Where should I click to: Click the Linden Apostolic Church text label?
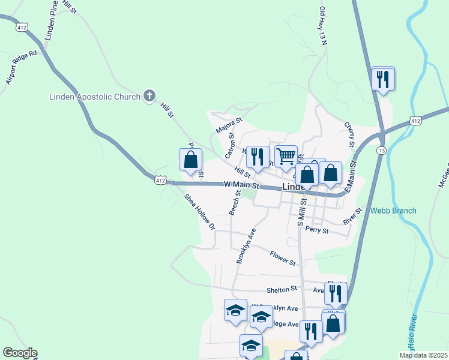pos(94,97)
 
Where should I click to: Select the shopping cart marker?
pos(286,156)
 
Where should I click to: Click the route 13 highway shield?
pos(381,150)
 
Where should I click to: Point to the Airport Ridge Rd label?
pos(21,67)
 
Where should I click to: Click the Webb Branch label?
pos(393,211)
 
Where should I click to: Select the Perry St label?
pos(317,230)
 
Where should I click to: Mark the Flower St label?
pos(283,259)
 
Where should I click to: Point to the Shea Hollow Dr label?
pos(200,214)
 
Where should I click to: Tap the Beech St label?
pos(234,203)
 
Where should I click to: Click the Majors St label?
pos(229,125)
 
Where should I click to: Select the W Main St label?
pos(241,185)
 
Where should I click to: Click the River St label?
pos(352,216)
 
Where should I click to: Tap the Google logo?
pos(20,353)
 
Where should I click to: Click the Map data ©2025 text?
pos(423,355)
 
